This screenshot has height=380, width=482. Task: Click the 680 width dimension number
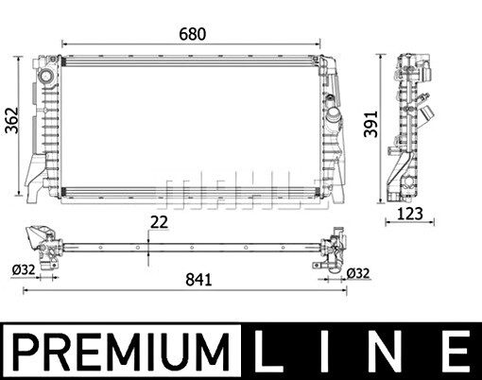pyautogui.click(x=193, y=34)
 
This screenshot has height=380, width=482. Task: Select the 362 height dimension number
pyautogui.click(x=12, y=121)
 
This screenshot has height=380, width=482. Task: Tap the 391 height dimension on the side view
pyautogui.click(x=370, y=124)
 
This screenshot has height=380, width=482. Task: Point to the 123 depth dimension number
pyautogui.click(x=409, y=214)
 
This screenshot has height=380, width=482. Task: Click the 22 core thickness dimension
pyautogui.click(x=159, y=222)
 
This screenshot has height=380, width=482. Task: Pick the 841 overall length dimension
pyautogui.click(x=198, y=280)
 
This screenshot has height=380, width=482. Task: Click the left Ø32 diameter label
pyautogui.click(x=24, y=270)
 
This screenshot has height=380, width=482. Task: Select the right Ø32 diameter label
pyautogui.click(x=358, y=273)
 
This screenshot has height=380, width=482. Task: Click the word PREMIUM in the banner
pyautogui.click(x=121, y=352)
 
